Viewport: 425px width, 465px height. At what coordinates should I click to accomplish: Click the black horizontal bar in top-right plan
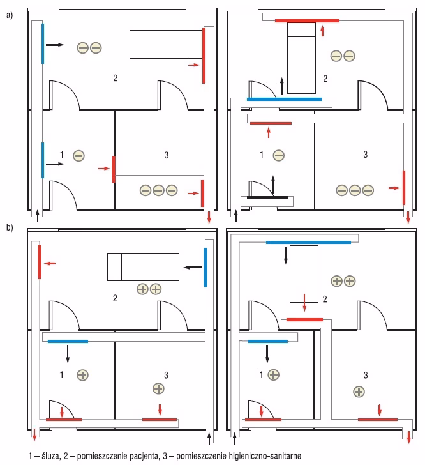click(x=267, y=197)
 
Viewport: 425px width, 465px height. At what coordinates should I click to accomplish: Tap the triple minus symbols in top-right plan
click(x=354, y=190)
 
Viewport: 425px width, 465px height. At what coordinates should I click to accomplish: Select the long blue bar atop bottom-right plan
click(x=308, y=243)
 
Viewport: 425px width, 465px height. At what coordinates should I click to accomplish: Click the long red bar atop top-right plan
click(x=307, y=20)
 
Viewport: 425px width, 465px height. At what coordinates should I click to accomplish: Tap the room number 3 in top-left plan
click(x=166, y=155)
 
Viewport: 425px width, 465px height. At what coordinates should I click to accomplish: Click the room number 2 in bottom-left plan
click(x=115, y=298)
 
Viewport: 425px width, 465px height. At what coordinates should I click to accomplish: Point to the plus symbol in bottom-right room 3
click(x=359, y=391)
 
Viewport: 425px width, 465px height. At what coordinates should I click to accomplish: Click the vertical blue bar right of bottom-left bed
click(x=206, y=268)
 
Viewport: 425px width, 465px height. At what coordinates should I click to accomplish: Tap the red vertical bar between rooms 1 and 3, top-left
click(x=114, y=169)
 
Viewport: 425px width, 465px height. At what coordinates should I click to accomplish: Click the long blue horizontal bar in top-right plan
click(x=284, y=100)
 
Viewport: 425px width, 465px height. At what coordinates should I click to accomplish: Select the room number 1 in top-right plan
click(x=261, y=155)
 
